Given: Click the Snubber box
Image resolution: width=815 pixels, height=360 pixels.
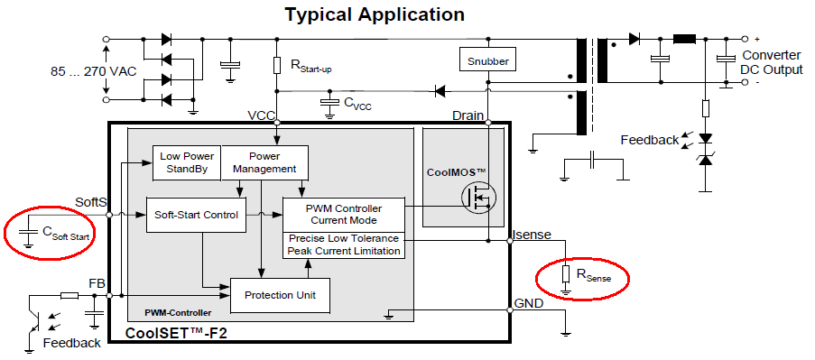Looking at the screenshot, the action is pyautogui.click(x=487, y=60).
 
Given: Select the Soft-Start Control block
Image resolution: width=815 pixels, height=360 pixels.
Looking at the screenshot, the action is pyautogui.click(x=197, y=215).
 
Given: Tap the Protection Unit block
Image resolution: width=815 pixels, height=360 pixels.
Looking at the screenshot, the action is pyautogui.click(x=280, y=295).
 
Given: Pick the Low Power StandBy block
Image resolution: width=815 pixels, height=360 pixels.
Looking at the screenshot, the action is pyautogui.click(x=187, y=162).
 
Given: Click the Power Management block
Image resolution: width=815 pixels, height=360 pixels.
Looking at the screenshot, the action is pyautogui.click(x=264, y=162).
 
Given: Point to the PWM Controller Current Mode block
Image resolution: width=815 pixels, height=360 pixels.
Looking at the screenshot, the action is pyautogui.click(x=343, y=215).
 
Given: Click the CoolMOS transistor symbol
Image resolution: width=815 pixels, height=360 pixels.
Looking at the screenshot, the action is pyautogui.click(x=478, y=198).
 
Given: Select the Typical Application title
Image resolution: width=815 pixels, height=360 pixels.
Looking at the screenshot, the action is pyautogui.click(x=375, y=14).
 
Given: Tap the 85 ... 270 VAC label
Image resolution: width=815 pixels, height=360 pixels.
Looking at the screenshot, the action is pyautogui.click(x=94, y=71).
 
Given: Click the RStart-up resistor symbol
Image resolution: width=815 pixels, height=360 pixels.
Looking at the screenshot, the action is pyautogui.click(x=277, y=65).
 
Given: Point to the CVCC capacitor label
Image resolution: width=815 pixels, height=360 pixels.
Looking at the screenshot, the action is pyautogui.click(x=357, y=104).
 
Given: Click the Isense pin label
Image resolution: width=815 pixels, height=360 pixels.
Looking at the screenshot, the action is pyautogui.click(x=532, y=235).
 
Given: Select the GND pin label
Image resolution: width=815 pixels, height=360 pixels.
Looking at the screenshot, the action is pyautogui.click(x=529, y=303).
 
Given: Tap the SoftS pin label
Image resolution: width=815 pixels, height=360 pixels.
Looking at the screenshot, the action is pyautogui.click(x=91, y=202).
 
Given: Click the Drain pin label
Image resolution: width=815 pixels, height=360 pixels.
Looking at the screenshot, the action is pyautogui.click(x=468, y=115).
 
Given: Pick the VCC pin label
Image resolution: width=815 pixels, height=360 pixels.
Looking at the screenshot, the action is pyautogui.click(x=261, y=115).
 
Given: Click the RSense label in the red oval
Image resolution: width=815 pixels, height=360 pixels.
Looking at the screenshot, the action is pyautogui.click(x=594, y=275).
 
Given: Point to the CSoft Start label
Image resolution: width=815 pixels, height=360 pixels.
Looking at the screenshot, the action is pyautogui.click(x=67, y=235).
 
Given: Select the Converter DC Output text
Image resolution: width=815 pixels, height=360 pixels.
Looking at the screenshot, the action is pyautogui.click(x=772, y=62).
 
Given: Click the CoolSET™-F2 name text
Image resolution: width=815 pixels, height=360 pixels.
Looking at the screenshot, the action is pyautogui.click(x=177, y=332).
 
